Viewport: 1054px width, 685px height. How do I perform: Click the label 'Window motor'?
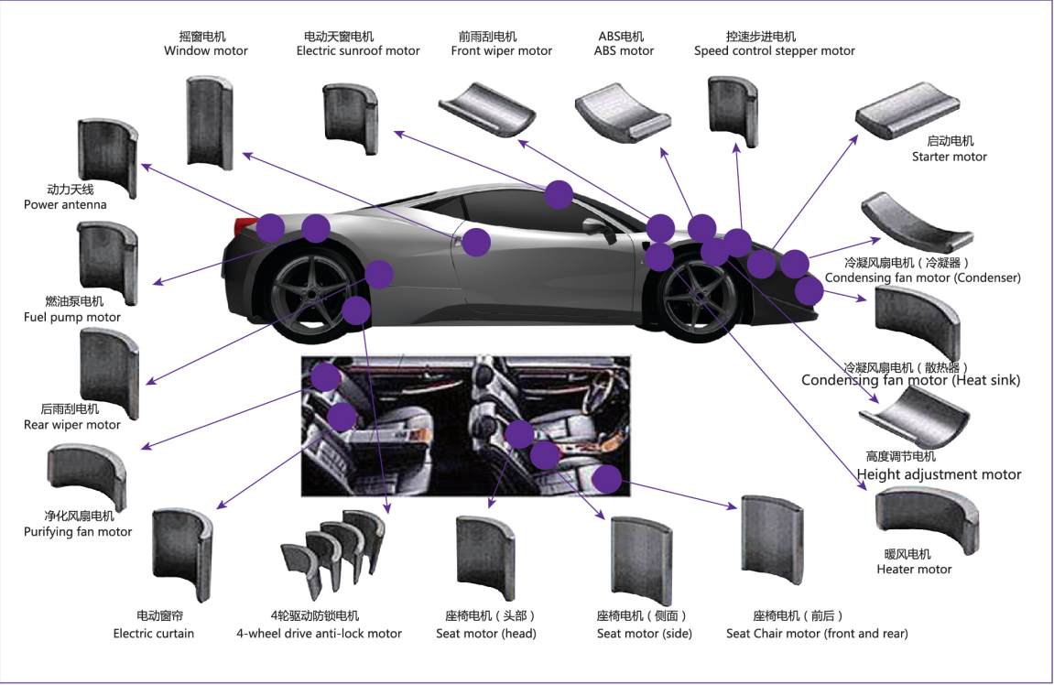206,51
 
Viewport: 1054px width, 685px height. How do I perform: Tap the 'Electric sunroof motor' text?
358,51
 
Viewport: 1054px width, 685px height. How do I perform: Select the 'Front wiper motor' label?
502,51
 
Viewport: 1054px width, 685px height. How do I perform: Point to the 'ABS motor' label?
624,51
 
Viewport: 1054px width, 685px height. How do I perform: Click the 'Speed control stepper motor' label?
775,51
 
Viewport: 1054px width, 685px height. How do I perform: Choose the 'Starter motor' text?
949,157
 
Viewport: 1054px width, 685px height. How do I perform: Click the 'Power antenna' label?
65,205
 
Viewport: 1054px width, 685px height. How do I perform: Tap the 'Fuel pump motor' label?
72,317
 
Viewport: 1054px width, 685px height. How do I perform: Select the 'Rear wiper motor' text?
72,425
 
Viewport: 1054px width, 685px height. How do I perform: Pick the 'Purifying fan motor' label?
78,532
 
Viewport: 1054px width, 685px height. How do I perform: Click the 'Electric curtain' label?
153,633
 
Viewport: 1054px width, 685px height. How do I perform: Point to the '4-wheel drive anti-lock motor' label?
319,633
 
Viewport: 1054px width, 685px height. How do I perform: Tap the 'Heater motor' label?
914,570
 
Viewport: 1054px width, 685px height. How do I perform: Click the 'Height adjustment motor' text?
939,474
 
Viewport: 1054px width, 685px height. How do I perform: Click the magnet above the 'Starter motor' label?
907,110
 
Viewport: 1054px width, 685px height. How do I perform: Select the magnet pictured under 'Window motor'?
210,123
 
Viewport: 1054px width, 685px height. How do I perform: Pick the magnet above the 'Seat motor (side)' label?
642,561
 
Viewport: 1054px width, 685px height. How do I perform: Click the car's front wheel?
699,297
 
